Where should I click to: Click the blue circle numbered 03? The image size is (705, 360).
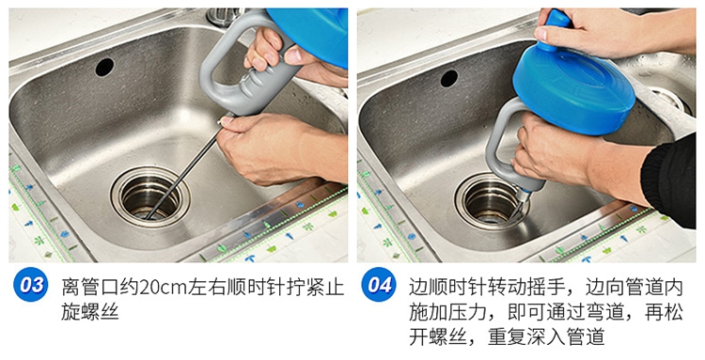pyautogui.click(x=31, y=284)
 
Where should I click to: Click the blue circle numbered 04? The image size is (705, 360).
pyautogui.click(x=379, y=284)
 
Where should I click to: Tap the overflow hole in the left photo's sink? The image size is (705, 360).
pyautogui.click(x=104, y=67)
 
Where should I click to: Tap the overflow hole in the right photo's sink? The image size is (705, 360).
pyautogui.click(x=448, y=78)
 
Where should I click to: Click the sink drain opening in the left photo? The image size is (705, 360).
pyautogui.click(x=150, y=196)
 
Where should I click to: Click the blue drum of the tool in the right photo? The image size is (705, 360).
pyautogui.click(x=574, y=90)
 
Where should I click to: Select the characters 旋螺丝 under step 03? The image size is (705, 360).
pyautogui.click(x=90, y=312)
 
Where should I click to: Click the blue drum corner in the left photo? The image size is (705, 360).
pyautogui.click(x=310, y=34)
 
